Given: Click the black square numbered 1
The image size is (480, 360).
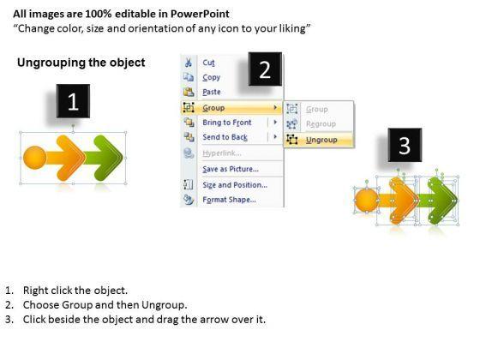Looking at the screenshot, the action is (73, 101).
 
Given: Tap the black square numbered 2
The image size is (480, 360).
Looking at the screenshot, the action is (265, 69).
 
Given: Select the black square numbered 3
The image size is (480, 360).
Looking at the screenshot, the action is (405, 145).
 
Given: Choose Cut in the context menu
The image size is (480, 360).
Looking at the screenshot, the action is (208, 63).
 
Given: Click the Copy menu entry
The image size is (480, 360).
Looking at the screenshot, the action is (211, 77).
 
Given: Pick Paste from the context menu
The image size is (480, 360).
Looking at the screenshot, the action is (212, 92).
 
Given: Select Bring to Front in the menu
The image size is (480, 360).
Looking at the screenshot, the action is (227, 123).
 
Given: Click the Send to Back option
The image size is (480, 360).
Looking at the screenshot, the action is (225, 137).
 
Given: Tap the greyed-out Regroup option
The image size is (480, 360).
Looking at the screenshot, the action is (321, 124).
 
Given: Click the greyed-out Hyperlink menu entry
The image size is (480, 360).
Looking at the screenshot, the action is (222, 153).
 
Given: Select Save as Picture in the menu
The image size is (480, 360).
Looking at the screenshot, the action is (231, 169).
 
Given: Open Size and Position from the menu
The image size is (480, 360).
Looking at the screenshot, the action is (235, 185).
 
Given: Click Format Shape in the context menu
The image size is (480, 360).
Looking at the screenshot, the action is (230, 200).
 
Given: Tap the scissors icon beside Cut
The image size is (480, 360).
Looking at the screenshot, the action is (189, 63).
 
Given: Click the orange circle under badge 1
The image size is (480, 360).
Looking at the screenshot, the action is (35, 158).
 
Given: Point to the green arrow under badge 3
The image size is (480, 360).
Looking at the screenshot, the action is (439, 201).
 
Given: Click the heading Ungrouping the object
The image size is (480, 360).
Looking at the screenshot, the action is (81, 63).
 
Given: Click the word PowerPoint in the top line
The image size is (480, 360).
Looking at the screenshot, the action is (200, 14).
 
